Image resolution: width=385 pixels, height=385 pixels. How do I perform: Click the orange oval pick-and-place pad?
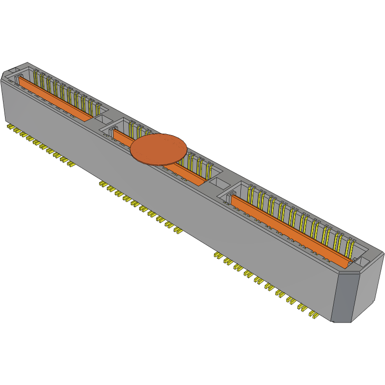click(x=159, y=149)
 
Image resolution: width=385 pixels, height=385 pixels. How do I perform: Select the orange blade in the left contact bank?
click(x=55, y=98)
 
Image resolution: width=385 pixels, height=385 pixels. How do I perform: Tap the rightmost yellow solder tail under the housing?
click(x=314, y=315)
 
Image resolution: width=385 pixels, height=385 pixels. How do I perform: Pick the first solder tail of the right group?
click(x=217, y=256)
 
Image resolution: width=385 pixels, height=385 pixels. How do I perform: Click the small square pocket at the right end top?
click(x=362, y=259)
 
